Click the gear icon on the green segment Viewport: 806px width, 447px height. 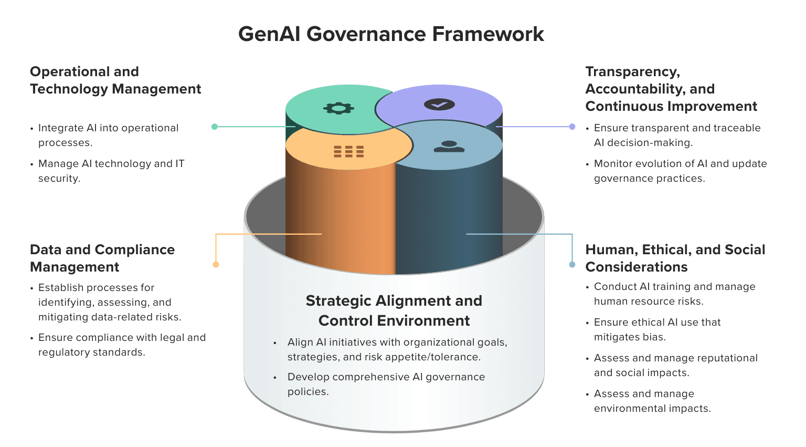click(338, 109)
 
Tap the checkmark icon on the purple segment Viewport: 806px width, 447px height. click(439, 105)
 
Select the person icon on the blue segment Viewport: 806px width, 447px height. click(449, 147)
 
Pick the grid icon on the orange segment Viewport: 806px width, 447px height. click(349, 152)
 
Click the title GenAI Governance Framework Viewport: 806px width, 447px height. click(391, 34)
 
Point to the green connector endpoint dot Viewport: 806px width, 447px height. click(215, 127)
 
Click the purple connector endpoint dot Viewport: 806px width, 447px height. click(572, 127)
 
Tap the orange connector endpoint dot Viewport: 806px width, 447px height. click(216, 264)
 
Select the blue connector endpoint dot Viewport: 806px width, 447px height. click(572, 264)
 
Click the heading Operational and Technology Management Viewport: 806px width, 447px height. click(115, 80)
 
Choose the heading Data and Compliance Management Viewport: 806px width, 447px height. click(102, 258)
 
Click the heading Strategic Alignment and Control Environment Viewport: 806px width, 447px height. click(394, 310)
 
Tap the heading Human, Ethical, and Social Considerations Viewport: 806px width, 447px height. click(675, 258)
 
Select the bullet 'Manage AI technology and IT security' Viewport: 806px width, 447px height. click(111, 171)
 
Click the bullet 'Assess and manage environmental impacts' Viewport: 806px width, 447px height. click(652, 401)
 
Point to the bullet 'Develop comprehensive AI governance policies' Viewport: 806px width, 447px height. click(386, 384)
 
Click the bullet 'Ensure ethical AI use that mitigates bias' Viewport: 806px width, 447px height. click(657, 329)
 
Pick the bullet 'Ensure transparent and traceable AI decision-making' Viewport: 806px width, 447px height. click(677, 135)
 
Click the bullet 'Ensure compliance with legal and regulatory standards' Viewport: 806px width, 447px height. click(122, 345)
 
